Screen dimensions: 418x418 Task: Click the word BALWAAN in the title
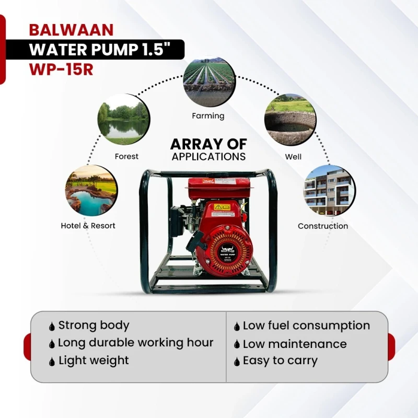tap(71, 29)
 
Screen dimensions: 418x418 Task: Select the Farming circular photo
tap(208, 82)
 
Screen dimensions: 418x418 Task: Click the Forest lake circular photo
tap(124, 120)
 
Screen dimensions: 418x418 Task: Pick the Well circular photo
tap(289, 120)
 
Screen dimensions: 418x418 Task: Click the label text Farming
tap(208, 116)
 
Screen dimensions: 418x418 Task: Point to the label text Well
tap(293, 156)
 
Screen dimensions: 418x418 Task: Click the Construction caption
tap(323, 226)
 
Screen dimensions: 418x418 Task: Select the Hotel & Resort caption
tap(88, 226)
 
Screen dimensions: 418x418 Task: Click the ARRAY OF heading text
tap(208, 144)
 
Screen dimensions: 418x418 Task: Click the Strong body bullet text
tap(94, 325)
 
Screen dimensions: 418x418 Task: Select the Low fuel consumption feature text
tap(306, 325)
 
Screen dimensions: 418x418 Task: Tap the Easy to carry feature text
tap(280, 361)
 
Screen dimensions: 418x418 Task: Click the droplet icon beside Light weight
tap(52, 362)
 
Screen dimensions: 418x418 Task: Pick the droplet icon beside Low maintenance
tap(237, 345)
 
